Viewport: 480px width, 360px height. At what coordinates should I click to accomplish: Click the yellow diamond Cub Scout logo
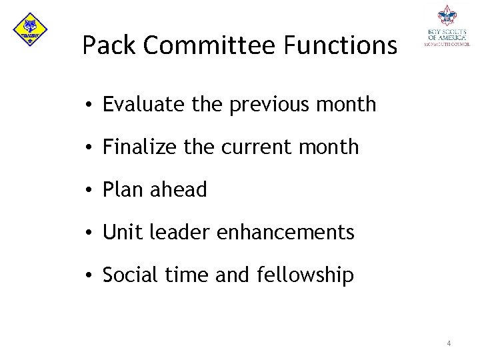[x=30, y=29]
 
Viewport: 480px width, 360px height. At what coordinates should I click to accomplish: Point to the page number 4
[x=449, y=343]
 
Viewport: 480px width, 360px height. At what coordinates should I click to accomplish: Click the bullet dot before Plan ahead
[x=88, y=191]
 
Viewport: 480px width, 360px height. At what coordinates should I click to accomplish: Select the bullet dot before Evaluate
[x=88, y=105]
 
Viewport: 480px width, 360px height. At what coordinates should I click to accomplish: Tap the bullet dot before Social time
[x=88, y=275]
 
